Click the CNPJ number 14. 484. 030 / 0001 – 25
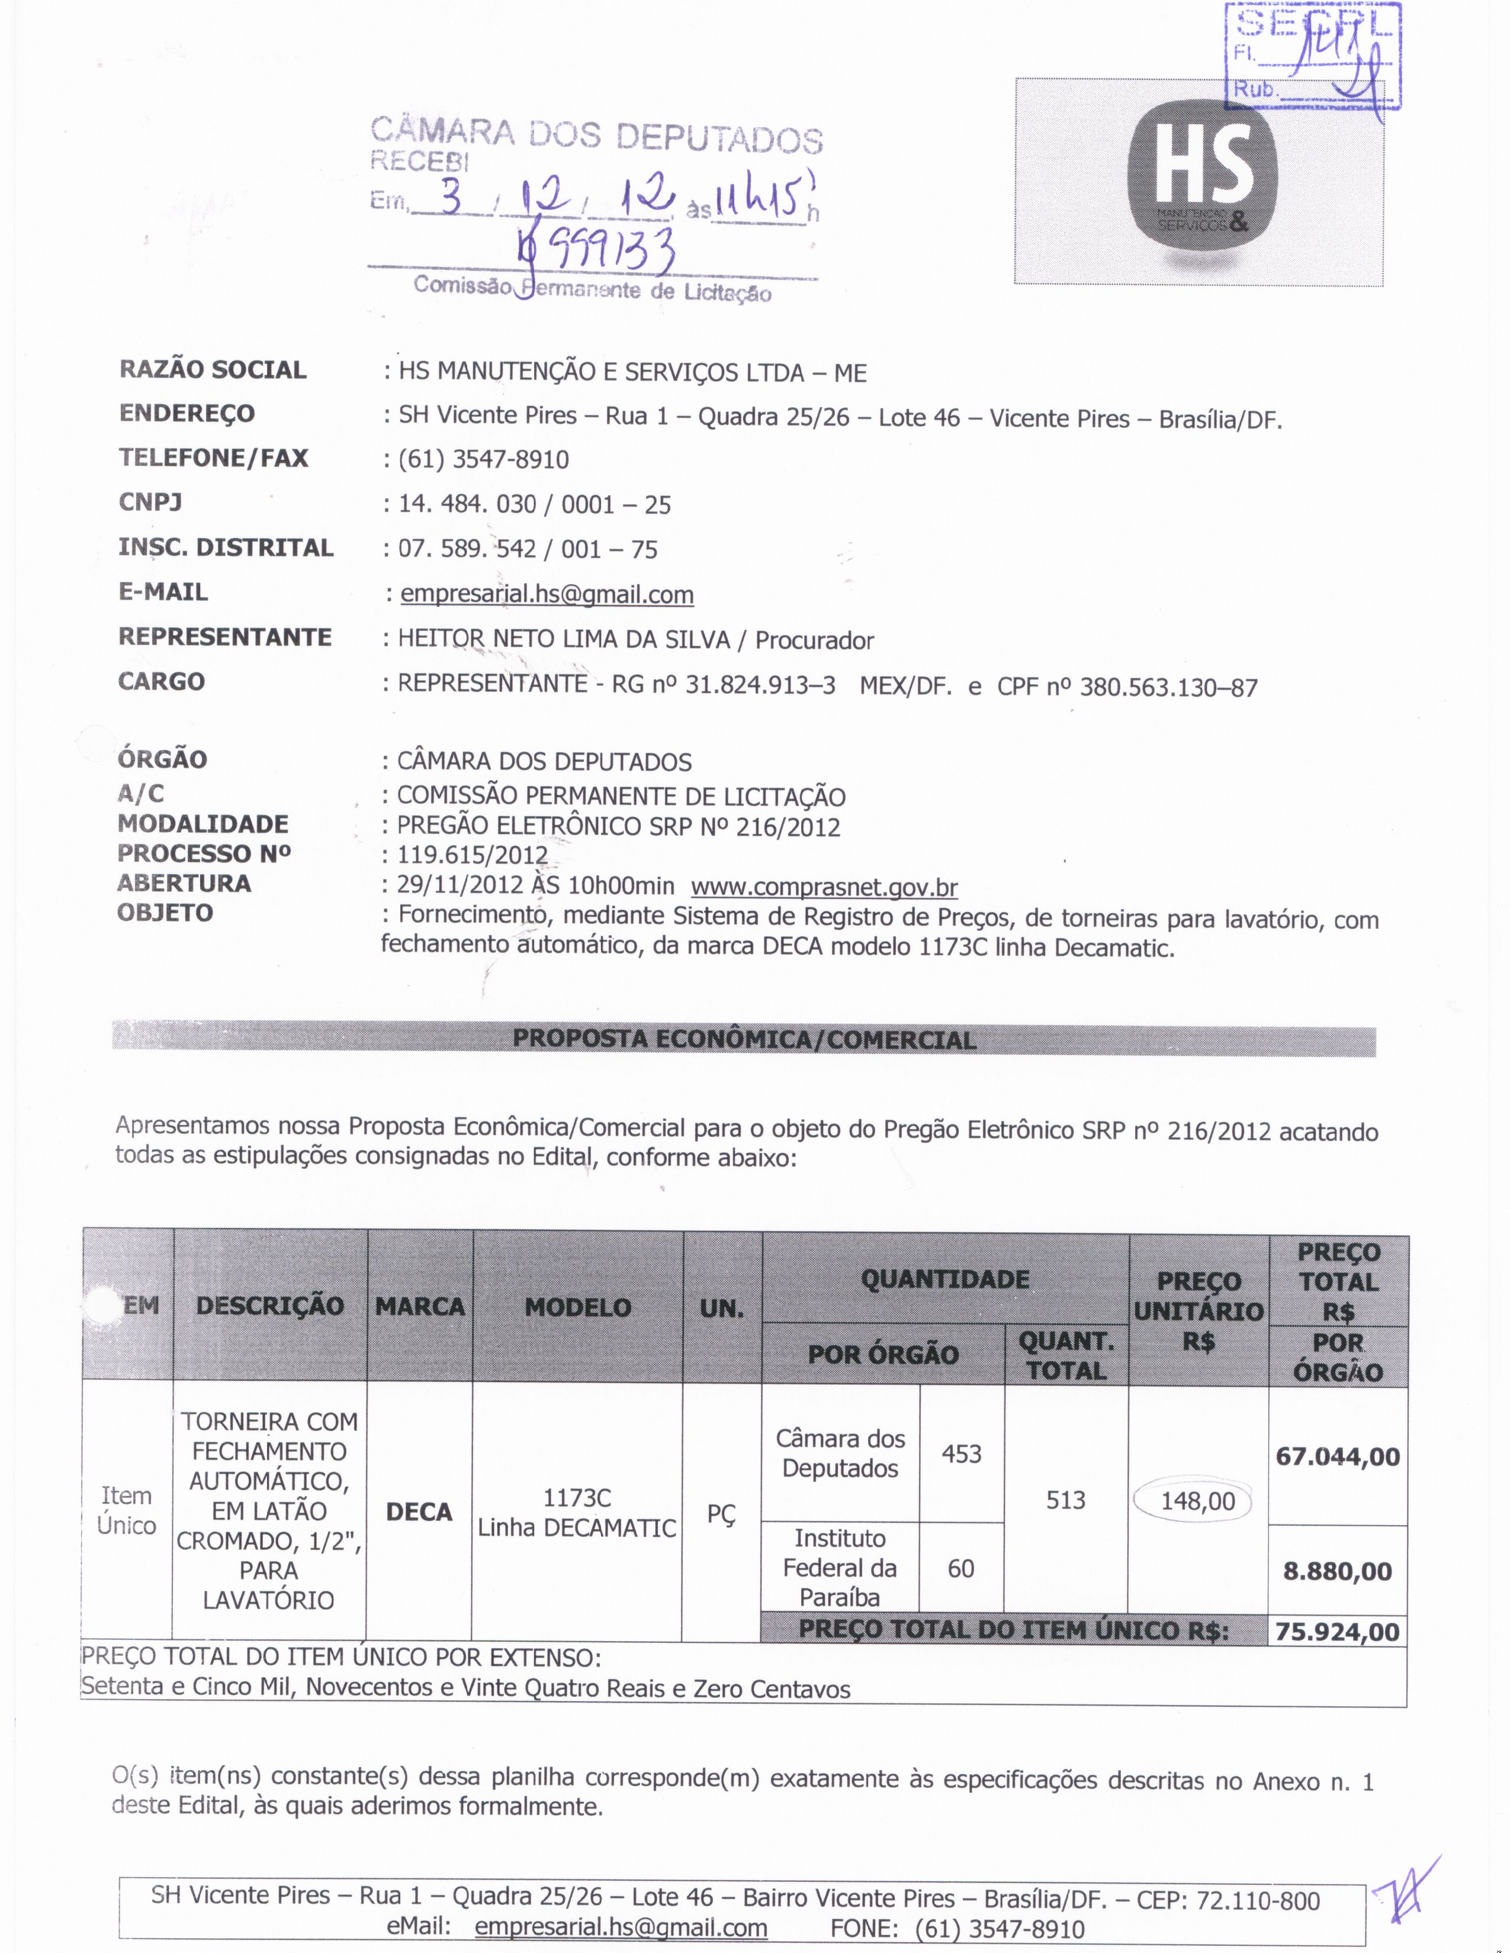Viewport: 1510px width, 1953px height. point(534,504)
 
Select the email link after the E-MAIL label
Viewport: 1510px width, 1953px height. point(547,595)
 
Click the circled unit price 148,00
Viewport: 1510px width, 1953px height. point(1197,1500)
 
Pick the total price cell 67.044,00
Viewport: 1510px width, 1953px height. point(1337,1456)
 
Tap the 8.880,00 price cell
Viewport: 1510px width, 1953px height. point(1337,1571)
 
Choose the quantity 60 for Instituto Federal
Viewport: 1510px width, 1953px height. point(960,1568)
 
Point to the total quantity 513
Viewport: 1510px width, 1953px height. point(1065,1500)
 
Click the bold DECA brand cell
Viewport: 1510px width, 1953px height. point(419,1512)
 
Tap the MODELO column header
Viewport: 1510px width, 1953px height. point(578,1307)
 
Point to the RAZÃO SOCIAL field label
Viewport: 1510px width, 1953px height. point(213,370)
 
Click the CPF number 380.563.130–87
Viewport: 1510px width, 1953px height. point(1168,688)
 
